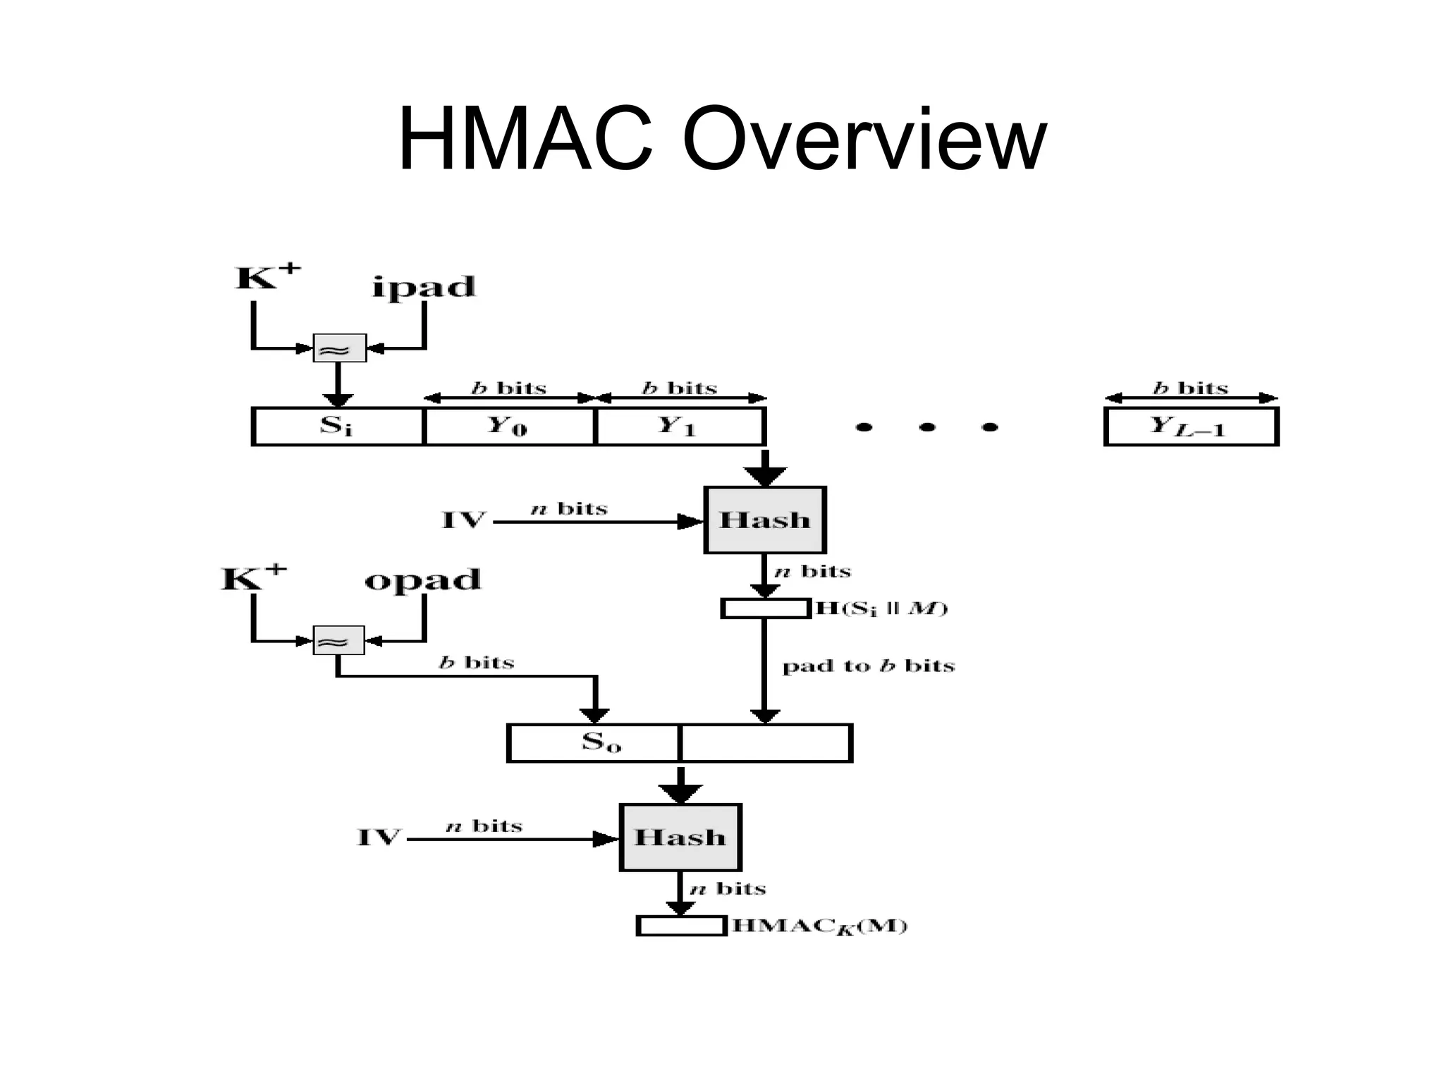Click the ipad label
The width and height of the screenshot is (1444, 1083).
(424, 287)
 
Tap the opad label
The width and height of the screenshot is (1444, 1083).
(422, 580)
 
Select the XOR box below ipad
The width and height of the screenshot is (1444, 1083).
(339, 348)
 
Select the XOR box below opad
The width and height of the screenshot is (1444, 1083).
(338, 640)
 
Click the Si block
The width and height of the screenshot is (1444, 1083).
(337, 427)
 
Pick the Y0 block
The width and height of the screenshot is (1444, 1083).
(509, 427)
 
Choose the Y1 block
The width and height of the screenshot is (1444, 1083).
(680, 427)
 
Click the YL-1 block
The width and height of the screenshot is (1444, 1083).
(1191, 427)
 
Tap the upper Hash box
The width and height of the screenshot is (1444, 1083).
(765, 520)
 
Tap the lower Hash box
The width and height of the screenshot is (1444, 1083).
(680, 838)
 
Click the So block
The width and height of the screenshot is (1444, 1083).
(594, 743)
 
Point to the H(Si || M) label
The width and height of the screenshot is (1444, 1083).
(881, 608)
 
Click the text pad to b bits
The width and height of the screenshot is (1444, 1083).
(868, 666)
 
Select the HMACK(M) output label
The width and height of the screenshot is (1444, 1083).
(819, 926)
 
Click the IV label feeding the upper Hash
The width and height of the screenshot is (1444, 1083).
(463, 521)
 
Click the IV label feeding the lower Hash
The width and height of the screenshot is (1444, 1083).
(379, 838)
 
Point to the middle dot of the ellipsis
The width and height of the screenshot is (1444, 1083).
(927, 427)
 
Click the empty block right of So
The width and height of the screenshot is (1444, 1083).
(765, 743)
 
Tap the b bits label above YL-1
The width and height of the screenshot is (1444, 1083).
(1190, 388)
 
